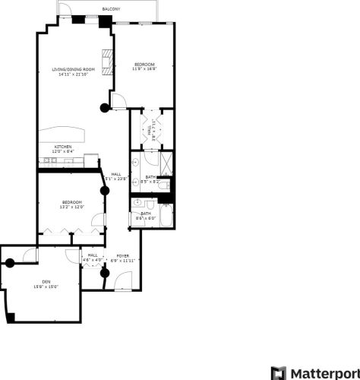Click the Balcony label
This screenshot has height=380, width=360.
click(x=111, y=8)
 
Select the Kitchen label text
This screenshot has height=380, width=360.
click(x=63, y=145)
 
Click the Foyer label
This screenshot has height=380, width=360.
click(x=122, y=255)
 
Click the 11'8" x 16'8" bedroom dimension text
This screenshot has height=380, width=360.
click(x=144, y=69)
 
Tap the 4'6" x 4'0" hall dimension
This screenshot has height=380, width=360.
click(x=92, y=260)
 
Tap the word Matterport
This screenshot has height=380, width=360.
click(x=324, y=373)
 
